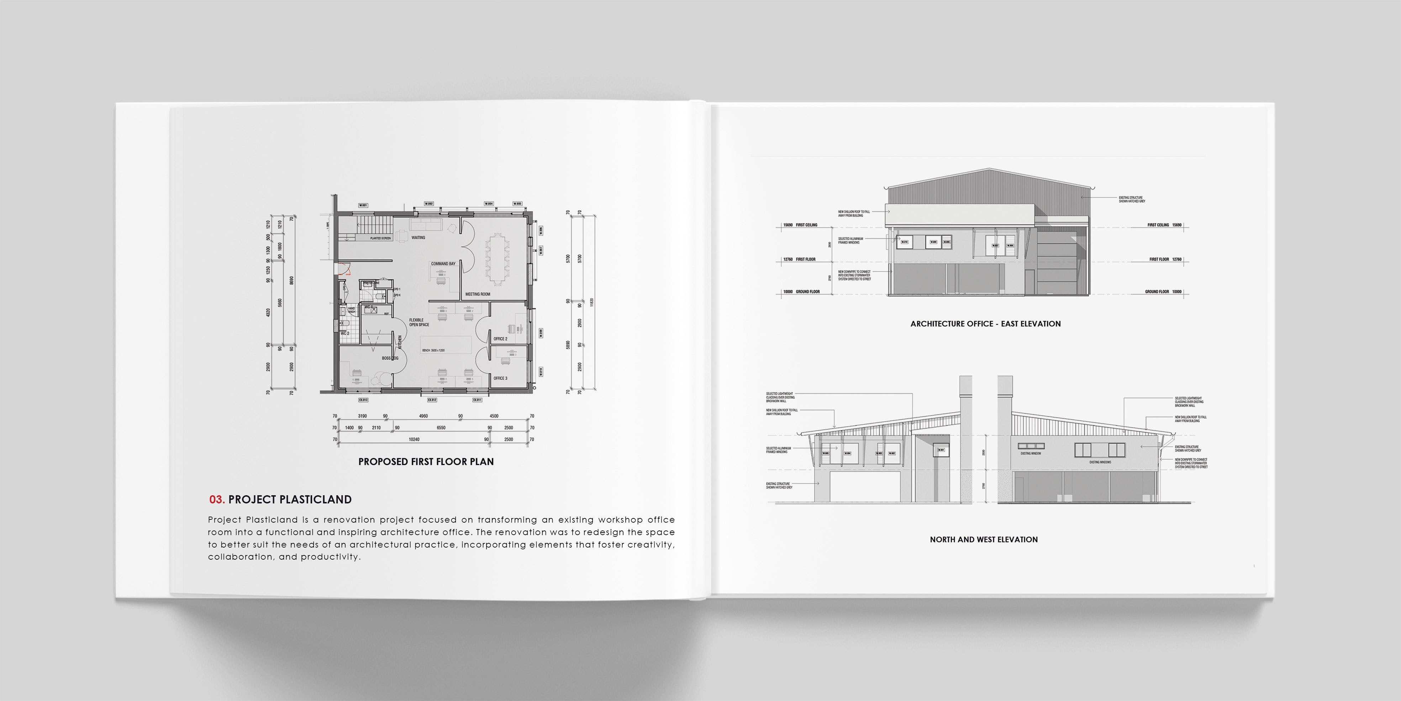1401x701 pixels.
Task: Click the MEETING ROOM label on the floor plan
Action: [478, 294]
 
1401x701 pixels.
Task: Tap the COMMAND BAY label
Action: [443, 264]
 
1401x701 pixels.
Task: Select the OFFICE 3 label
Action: [500, 378]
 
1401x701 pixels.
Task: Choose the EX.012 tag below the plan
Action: [432, 400]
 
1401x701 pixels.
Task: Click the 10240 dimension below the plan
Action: [414, 439]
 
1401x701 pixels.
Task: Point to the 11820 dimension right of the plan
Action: [592, 302]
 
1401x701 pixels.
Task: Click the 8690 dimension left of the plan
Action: [291, 280]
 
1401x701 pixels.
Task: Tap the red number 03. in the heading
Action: [216, 499]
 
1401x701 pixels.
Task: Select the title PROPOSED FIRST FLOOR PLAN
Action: [426, 461]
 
